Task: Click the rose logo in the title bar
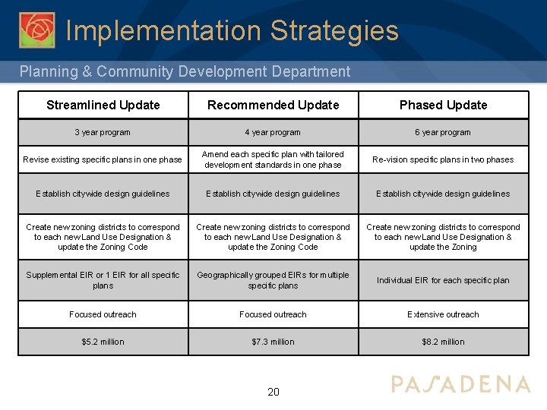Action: [x=36, y=30]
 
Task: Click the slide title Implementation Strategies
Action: [x=232, y=31]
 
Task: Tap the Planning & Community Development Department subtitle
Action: [x=185, y=72]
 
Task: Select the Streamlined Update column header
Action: [x=103, y=105]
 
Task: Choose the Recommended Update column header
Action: [x=273, y=105]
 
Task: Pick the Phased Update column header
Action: [x=443, y=105]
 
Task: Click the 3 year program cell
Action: [x=103, y=132]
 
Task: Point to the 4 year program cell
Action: [x=273, y=132]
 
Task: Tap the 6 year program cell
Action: [x=443, y=132]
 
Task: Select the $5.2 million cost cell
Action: [x=103, y=342]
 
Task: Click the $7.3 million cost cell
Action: [x=273, y=342]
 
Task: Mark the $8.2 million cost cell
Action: [x=443, y=342]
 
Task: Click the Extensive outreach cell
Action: [x=443, y=314]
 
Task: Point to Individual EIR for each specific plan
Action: [x=443, y=280]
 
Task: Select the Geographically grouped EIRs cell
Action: [x=273, y=280]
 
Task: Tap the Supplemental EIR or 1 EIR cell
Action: [x=103, y=280]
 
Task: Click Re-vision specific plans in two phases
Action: [x=443, y=159]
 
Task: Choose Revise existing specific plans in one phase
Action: [x=103, y=159]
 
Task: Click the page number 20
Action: [x=273, y=392]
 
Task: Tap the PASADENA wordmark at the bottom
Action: [x=460, y=384]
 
